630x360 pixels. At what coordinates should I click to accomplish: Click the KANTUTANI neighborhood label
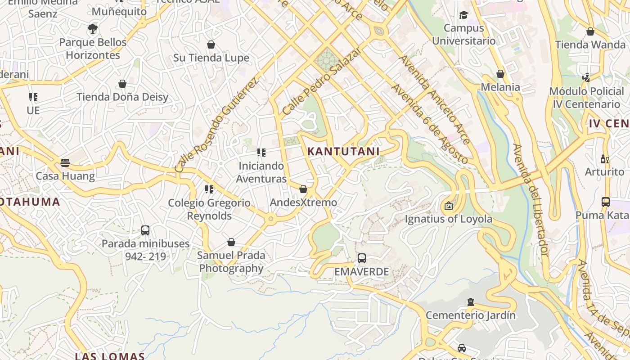pos(343,152)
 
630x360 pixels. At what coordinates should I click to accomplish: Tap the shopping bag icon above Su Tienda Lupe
pos(211,45)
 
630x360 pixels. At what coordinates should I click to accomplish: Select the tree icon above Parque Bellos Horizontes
pos(93,29)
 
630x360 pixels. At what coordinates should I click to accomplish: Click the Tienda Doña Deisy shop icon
pos(122,84)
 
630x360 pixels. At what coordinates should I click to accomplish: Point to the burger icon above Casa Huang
pos(65,162)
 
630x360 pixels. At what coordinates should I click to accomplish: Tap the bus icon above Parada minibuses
pos(145,230)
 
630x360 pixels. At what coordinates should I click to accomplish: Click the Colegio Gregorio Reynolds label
pos(209,209)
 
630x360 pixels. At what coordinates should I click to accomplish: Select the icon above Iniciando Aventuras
pos(261,153)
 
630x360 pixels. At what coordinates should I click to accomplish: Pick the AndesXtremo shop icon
pos(303,189)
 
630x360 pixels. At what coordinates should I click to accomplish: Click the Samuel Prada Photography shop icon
pos(231,242)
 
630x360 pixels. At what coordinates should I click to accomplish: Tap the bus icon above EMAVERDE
pos(362,258)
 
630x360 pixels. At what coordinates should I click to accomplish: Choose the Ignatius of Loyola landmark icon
pos(449,206)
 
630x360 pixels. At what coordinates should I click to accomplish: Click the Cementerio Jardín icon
pos(471,301)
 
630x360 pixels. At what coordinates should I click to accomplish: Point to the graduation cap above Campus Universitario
pos(463,15)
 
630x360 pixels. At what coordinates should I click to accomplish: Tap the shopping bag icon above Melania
pos(500,74)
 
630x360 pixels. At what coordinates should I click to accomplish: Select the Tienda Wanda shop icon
pos(590,31)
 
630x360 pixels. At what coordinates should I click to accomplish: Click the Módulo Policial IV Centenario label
pos(587,98)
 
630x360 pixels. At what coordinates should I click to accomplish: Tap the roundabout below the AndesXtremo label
pos(270,219)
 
